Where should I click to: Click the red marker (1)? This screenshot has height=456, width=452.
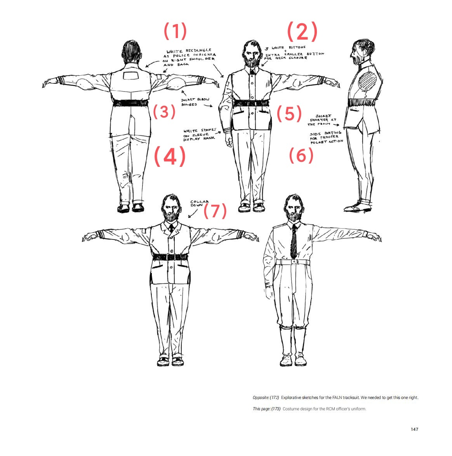[x=175, y=31]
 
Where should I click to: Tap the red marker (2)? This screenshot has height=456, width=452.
[x=302, y=31]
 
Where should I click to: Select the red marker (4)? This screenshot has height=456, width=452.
[x=170, y=156]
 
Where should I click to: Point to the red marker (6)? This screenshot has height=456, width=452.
[x=301, y=155]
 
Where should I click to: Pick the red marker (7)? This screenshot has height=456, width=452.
[x=215, y=211]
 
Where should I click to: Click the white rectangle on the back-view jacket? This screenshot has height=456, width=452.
[x=132, y=76]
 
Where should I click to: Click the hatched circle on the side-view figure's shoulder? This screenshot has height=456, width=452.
[x=367, y=81]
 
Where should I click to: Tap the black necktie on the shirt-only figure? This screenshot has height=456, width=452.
[x=294, y=241]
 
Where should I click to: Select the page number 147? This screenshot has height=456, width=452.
[x=414, y=429]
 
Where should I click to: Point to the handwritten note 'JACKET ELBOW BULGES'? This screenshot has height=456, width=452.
[x=195, y=102]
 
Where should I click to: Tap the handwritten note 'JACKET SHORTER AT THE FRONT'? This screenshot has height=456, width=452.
[x=323, y=120]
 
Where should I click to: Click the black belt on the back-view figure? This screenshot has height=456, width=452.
[x=131, y=103]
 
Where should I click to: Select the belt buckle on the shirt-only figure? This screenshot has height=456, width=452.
[x=294, y=262]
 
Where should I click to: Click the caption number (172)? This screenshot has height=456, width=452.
[x=274, y=397]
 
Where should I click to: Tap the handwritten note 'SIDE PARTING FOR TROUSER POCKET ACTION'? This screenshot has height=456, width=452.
[x=326, y=138]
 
